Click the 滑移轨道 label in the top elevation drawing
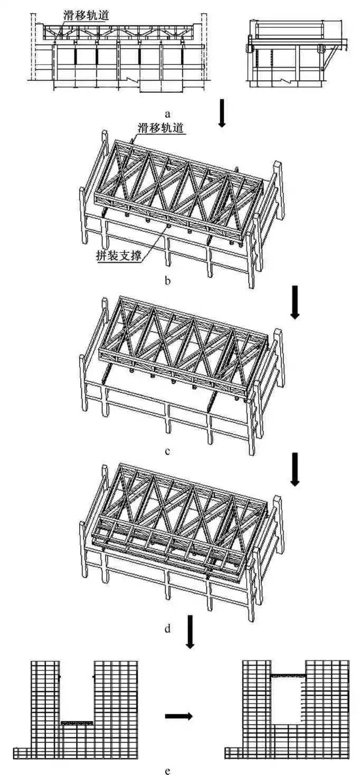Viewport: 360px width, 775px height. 86,15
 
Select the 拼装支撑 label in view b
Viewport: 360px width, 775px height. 119,256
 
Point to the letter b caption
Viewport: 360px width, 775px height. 168,280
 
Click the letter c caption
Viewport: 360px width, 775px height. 168,451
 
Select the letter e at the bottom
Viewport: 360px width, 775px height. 168,771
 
